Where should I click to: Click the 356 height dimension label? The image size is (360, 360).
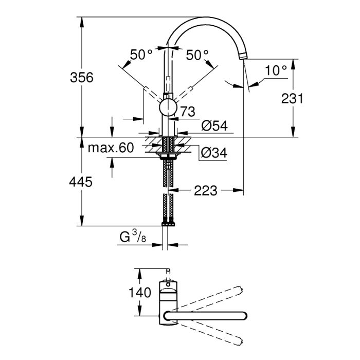tap(81, 78)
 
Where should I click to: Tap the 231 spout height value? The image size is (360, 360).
tap(293, 99)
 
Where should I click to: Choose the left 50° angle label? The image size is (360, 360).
tap(141, 55)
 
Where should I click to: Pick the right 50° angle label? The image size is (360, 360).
tap(197, 55)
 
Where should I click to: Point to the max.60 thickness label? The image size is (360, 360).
tap(110, 148)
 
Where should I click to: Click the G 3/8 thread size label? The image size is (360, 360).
tap(131, 238)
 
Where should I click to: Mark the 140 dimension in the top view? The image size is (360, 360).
tap(140, 293)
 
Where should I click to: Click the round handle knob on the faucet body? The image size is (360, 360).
tap(168, 108)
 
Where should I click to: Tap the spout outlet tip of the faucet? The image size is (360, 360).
tap(244, 55)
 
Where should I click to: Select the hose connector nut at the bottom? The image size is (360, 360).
tap(168, 223)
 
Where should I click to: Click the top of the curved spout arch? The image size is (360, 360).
tap(206, 20)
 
